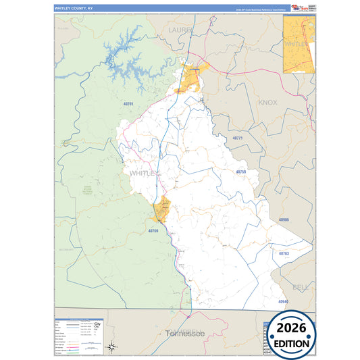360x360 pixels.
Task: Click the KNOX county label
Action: coord(268,103)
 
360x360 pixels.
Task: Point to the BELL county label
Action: coord(300,287)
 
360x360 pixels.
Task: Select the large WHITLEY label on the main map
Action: coord(143,174)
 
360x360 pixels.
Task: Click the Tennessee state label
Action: coord(184,334)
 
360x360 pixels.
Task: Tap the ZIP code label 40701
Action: coord(128,104)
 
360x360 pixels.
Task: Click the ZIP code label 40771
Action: coord(237,138)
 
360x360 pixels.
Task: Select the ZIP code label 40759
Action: coord(241,172)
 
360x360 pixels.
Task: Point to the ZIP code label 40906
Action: coord(284,220)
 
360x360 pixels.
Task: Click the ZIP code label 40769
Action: coord(153,231)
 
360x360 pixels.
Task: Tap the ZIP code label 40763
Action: coord(284,253)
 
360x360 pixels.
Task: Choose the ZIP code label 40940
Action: coord(283,301)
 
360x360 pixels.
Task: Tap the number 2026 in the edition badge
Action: coord(291,329)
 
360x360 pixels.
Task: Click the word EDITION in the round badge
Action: coord(291,343)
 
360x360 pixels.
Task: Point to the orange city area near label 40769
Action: coord(161,211)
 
